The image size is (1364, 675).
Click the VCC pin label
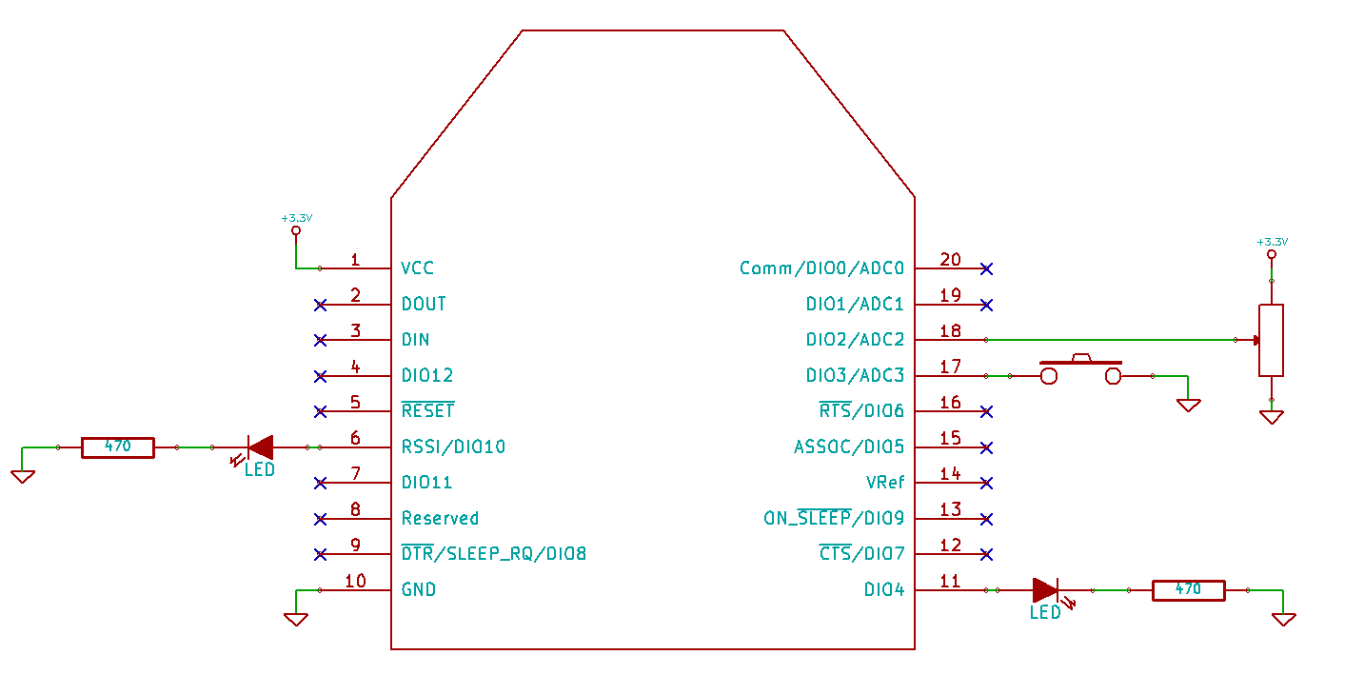[x=417, y=268]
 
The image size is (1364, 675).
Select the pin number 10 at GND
[x=355, y=581]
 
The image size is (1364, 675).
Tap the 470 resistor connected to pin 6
[x=117, y=447]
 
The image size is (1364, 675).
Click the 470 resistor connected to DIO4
[x=1188, y=590]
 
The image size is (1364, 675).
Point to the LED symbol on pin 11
[x=1045, y=590]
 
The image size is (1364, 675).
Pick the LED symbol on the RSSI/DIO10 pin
[x=261, y=447]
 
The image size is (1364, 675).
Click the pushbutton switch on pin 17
[x=1080, y=372]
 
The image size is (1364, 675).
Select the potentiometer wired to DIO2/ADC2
[x=1271, y=340]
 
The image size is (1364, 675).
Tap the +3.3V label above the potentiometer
[x=1272, y=242]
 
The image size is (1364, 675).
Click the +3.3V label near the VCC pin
[x=296, y=219]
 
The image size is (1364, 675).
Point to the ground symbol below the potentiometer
[x=1271, y=416]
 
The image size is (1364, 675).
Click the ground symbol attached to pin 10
[x=296, y=619]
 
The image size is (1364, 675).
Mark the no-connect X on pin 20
[x=986, y=268]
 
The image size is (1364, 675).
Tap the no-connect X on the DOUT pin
[x=321, y=305]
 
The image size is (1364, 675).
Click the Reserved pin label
[x=440, y=519]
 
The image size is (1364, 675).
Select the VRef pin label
[x=885, y=483]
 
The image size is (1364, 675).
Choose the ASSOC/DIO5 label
[x=849, y=447]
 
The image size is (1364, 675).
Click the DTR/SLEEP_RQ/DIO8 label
[x=493, y=554]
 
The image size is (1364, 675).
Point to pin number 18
[x=950, y=331]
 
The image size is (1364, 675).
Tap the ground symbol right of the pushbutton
[x=1188, y=405]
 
